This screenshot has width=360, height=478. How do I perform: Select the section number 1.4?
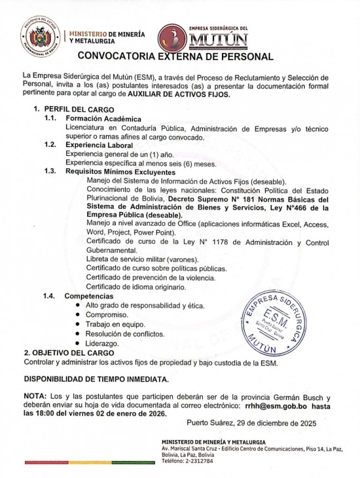(49, 297)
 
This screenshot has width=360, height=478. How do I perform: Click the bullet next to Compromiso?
(79, 315)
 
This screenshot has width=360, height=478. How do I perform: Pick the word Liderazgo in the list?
(102, 343)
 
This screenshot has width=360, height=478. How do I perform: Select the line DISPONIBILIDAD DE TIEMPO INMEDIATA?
(96, 378)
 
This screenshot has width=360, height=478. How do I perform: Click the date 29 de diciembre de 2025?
(274, 424)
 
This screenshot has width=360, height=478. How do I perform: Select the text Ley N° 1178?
(194, 242)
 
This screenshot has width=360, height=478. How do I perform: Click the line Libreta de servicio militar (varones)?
(136, 260)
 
